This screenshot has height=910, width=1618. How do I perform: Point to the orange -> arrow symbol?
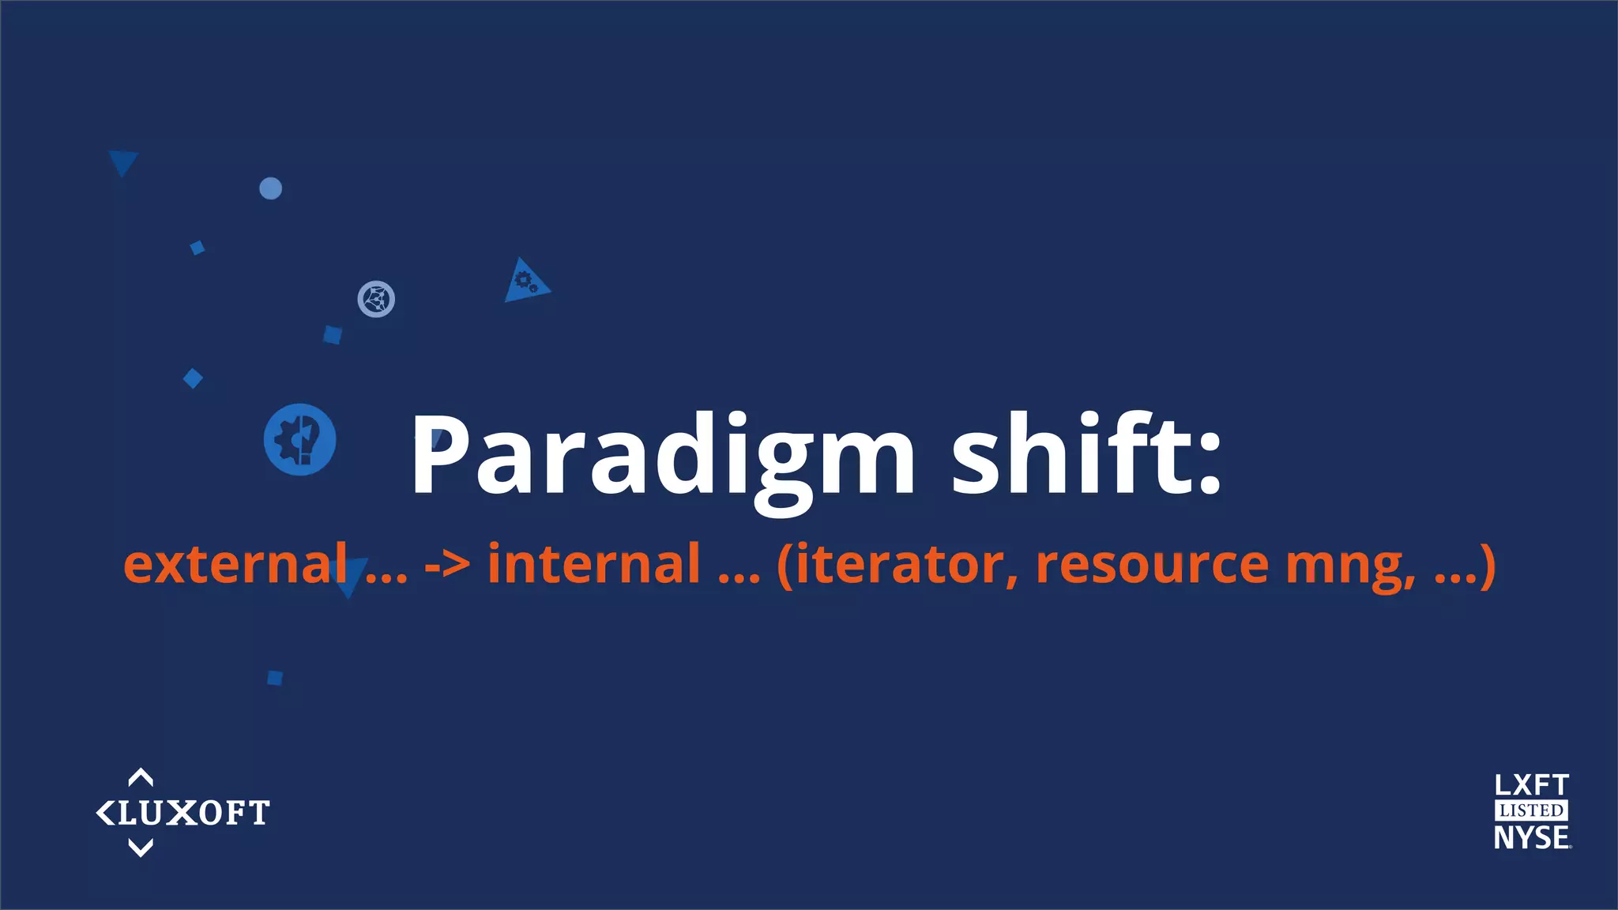[447, 564]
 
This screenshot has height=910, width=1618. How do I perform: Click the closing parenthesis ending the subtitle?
[1487, 566]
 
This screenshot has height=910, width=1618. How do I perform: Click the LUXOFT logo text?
[193, 813]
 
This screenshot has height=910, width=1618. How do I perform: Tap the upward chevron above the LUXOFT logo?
[141, 778]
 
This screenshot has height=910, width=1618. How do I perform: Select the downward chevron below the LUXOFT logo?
[141, 848]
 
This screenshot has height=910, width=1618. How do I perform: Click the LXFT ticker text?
[1531, 785]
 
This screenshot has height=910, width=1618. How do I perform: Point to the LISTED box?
[1531, 810]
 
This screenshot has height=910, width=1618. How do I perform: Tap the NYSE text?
[1531, 837]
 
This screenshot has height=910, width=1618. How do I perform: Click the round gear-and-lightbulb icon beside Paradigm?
[300, 440]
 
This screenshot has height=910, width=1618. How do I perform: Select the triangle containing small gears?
[525, 281]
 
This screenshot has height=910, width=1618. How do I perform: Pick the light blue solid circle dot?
[271, 189]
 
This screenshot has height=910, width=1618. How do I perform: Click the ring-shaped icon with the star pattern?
[376, 299]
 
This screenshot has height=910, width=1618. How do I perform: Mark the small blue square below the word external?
[275, 678]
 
